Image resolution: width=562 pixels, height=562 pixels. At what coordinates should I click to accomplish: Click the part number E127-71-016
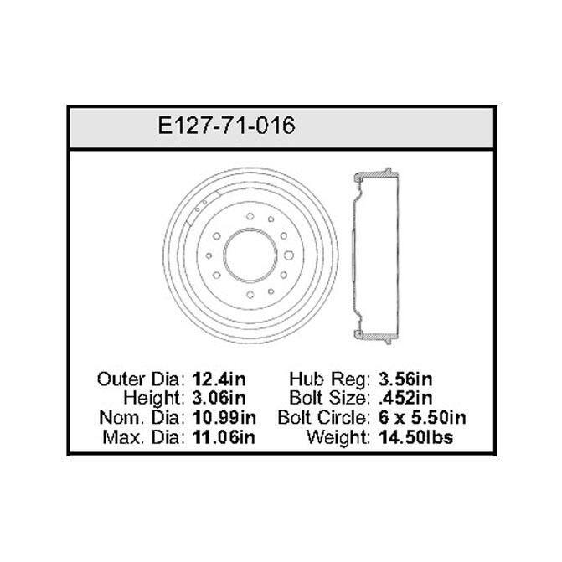(x=226, y=126)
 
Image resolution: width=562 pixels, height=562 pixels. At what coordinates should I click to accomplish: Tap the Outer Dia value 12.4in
(x=219, y=379)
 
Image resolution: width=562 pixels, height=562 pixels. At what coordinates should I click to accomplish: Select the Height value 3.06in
(x=219, y=398)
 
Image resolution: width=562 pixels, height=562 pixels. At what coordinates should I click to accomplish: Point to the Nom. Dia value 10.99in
(x=224, y=418)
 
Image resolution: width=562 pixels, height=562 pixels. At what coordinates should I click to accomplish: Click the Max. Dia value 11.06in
(x=224, y=437)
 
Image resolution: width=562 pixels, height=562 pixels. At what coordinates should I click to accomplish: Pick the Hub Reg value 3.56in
(x=405, y=379)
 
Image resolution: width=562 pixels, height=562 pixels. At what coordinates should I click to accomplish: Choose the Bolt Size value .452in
(x=405, y=398)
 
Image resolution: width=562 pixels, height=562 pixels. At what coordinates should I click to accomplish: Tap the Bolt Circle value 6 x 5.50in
(x=422, y=418)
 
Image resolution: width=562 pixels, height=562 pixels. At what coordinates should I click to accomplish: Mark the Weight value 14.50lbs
(x=416, y=437)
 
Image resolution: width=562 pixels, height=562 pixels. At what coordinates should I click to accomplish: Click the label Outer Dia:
(x=142, y=379)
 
